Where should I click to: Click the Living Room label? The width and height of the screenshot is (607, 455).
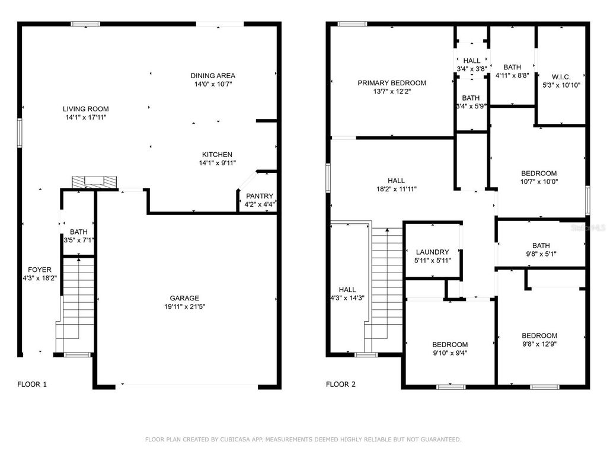click(85, 109)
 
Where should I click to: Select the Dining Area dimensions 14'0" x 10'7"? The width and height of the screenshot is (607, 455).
click(213, 84)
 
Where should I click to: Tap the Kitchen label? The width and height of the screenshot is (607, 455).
click(217, 155)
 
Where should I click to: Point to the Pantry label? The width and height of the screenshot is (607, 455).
click(260, 196)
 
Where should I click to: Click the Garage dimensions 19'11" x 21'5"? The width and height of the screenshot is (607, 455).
click(185, 307)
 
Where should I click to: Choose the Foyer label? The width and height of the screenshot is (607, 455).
click(40, 270)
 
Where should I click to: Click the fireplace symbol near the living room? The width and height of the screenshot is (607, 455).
click(94, 182)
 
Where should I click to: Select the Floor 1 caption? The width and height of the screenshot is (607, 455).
click(32, 384)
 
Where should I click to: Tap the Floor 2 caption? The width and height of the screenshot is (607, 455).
click(341, 384)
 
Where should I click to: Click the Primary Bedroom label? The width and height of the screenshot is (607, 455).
click(392, 83)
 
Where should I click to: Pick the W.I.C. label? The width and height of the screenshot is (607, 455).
click(561, 76)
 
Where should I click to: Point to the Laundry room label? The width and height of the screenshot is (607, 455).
click(432, 252)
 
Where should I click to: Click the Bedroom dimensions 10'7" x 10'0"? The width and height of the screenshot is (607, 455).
click(539, 181)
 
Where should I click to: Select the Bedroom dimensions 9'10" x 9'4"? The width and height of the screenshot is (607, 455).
click(450, 353)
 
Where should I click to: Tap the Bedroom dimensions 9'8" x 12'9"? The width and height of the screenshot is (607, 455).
click(539, 344)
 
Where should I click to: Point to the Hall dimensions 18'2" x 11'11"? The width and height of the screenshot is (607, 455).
click(397, 189)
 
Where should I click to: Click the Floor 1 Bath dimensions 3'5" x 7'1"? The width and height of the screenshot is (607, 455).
click(79, 241)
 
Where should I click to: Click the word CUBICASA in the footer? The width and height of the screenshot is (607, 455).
click(235, 440)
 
